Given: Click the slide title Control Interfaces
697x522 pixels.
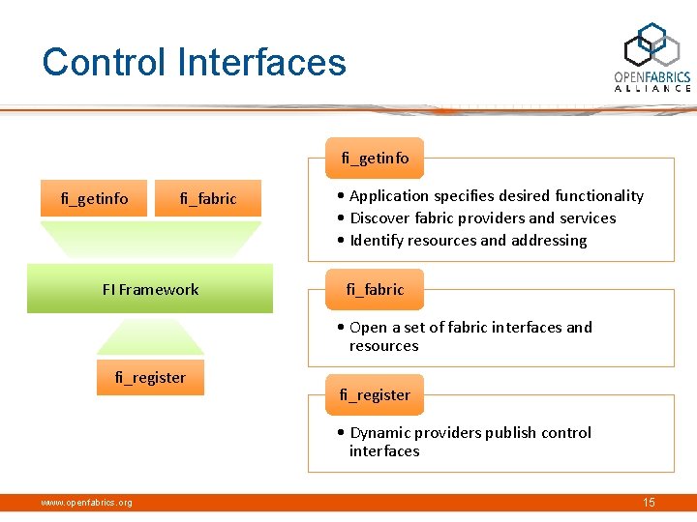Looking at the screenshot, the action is click(x=194, y=63).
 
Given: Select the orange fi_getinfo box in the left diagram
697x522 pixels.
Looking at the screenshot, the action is click(x=94, y=199).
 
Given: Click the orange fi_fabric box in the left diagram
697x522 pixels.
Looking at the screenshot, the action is click(x=208, y=199).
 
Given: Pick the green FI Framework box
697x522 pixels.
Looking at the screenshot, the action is click(x=151, y=290).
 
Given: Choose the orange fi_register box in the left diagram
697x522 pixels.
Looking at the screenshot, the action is click(x=150, y=377).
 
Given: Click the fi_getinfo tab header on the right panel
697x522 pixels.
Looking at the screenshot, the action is click(x=375, y=158).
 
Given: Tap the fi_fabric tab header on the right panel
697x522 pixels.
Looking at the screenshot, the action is click(x=375, y=289).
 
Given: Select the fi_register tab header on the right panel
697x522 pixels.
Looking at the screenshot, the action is click(x=375, y=394).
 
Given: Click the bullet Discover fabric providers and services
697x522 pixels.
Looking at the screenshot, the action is click(x=482, y=218).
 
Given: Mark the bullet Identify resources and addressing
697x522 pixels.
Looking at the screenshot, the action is click(x=468, y=241).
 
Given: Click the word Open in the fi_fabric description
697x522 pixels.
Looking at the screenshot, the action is click(x=368, y=328).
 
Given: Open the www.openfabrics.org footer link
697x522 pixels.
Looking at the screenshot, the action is click(x=86, y=503).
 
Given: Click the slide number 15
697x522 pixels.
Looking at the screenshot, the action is click(x=649, y=503).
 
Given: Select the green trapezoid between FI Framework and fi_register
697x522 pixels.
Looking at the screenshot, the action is click(x=150, y=336).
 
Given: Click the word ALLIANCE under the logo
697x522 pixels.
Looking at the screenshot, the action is click(x=652, y=88).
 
